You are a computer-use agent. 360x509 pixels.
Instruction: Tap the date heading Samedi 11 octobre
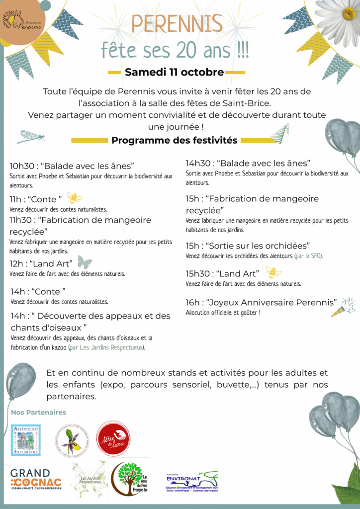[x=174, y=72]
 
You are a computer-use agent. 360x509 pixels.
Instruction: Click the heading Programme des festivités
[x=174, y=140]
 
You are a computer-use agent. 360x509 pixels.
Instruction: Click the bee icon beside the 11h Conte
[x=75, y=198]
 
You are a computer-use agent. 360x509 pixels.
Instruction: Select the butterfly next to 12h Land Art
[x=85, y=262]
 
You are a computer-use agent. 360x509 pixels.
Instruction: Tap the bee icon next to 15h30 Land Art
[x=273, y=272]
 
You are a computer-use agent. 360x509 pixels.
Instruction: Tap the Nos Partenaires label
[x=38, y=413]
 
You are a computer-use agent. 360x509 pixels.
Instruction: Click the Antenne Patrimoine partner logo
[x=25, y=440]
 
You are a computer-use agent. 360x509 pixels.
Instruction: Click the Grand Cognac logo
[x=36, y=480]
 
